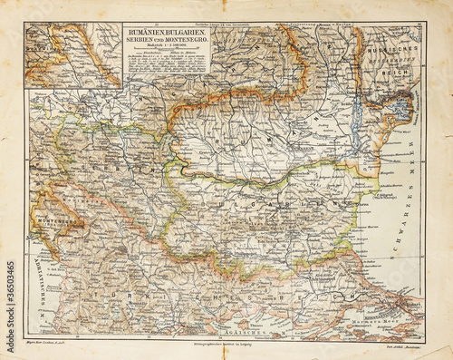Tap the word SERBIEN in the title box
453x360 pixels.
pyautogui.click(x=146, y=39)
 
